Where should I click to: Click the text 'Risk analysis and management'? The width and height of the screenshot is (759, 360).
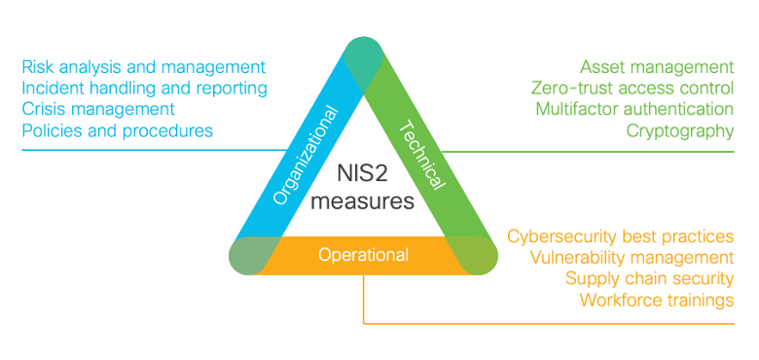point(143,67)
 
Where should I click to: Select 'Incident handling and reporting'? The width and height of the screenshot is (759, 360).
point(144,89)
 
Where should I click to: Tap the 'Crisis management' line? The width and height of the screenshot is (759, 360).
point(98,109)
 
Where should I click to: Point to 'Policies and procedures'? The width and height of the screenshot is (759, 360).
point(117,130)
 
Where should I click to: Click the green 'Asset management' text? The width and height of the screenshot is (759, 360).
point(657,67)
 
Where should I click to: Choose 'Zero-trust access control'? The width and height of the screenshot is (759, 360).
point(632,89)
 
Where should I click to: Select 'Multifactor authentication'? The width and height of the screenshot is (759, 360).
point(634,109)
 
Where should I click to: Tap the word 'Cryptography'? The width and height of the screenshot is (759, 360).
point(679,130)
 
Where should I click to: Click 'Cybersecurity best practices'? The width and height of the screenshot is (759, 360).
point(621,236)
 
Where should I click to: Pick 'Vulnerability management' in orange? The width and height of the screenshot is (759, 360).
point(632,258)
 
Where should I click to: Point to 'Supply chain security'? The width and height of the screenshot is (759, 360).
point(649,279)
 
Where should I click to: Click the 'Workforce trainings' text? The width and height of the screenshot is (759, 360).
point(656,300)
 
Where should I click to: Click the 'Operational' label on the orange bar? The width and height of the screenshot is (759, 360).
point(363,255)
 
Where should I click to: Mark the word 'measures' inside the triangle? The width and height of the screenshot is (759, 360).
point(363,201)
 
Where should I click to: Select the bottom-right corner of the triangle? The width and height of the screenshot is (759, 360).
point(477,255)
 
